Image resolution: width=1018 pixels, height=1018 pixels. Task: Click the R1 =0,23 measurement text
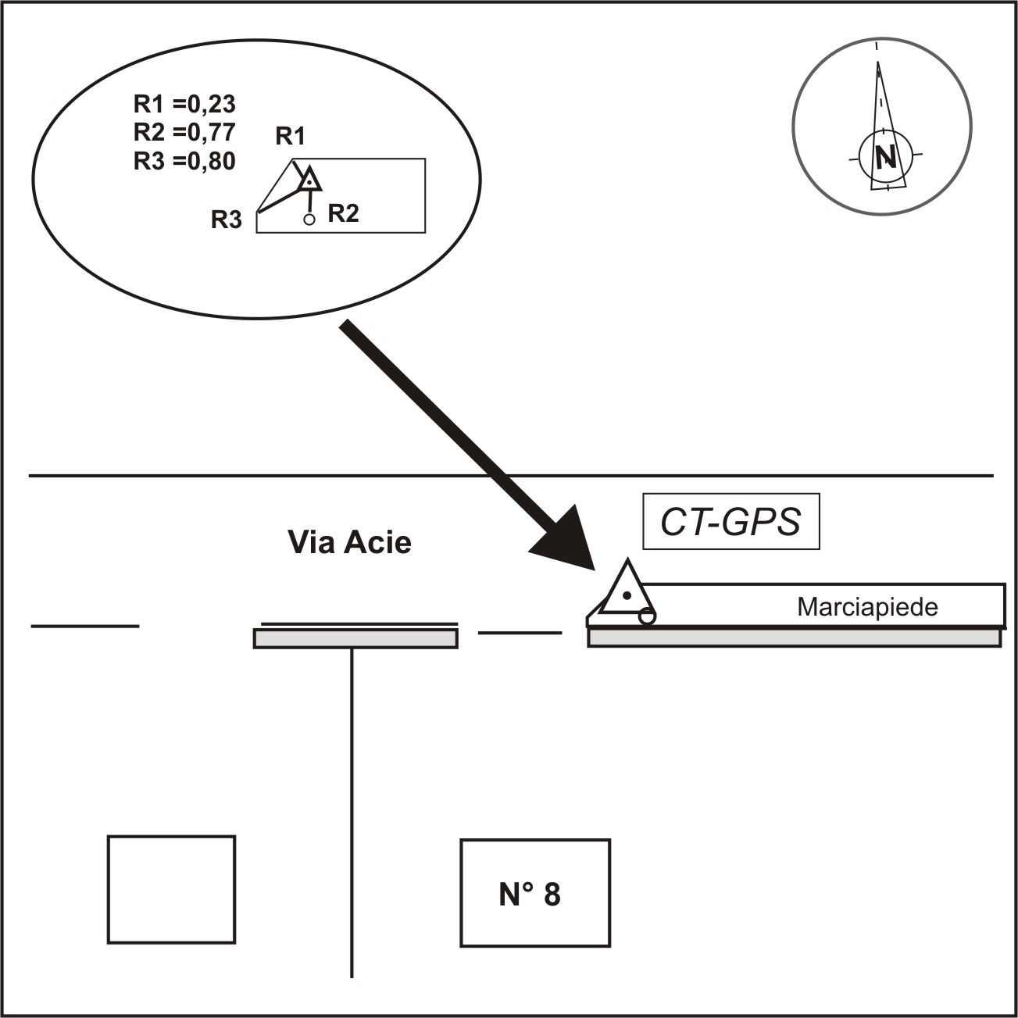[184, 104]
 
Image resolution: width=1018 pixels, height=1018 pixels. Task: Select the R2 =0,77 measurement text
[184, 132]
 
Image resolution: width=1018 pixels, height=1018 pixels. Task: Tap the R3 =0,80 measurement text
[184, 161]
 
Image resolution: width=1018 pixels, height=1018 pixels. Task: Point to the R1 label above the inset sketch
[290, 137]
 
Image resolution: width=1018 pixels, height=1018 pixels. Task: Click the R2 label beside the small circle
[343, 213]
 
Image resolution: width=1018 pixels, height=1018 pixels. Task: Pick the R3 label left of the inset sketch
[227, 220]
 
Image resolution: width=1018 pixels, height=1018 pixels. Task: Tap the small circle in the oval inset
[309, 220]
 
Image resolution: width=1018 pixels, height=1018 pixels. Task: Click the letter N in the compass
[885, 158]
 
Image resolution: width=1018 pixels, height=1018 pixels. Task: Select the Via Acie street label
[349, 542]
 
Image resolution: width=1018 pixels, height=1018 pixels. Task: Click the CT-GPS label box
[730, 522]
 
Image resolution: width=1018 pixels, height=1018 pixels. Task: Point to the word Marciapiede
[867, 607]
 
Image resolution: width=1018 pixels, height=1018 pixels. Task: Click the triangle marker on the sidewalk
[626, 591]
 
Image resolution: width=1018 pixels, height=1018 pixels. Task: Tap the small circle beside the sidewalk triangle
[647, 616]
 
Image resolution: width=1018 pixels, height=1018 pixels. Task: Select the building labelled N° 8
[535, 893]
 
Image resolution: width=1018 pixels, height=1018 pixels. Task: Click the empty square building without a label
[171, 889]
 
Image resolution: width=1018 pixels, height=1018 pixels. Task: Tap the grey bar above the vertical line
[355, 639]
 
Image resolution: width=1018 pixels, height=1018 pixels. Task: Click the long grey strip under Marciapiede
[794, 638]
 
